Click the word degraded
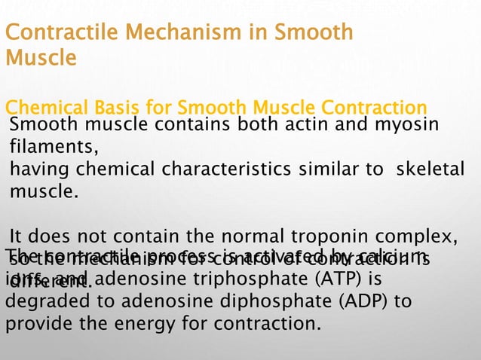point(44,303)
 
